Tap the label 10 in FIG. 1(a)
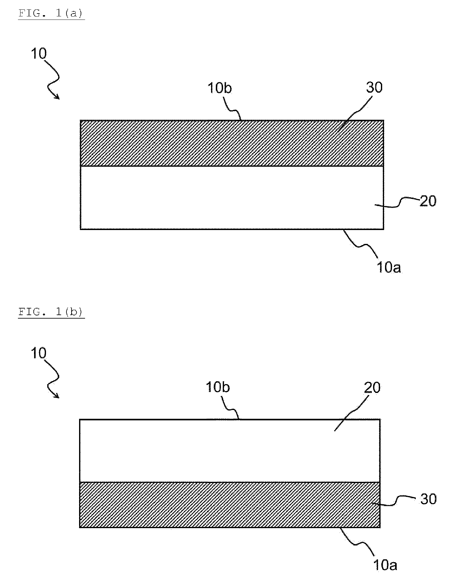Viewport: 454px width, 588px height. coord(39,54)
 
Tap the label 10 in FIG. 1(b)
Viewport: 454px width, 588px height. coord(39,353)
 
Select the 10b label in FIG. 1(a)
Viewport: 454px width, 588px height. coord(219,88)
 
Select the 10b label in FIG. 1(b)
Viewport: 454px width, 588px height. coord(218,387)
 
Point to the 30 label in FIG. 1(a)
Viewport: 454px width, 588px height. coord(374,87)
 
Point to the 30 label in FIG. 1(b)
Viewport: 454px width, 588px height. coord(428,499)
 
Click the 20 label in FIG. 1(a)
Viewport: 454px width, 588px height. coord(428,201)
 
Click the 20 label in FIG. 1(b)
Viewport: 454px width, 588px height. coord(372,388)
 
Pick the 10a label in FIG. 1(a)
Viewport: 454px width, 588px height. coord(389,268)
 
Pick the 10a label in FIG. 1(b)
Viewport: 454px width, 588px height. coord(385,566)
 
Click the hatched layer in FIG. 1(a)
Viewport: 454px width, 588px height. coord(232,143)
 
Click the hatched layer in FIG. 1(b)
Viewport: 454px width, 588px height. coord(230,504)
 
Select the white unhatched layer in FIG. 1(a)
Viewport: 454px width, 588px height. coord(232,198)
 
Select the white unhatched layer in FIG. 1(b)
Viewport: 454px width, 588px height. coord(230,450)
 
